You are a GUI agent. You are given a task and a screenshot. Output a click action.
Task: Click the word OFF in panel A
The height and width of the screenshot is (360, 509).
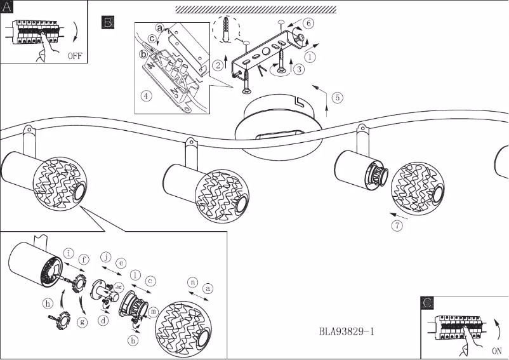pyautogui.click(x=74, y=56)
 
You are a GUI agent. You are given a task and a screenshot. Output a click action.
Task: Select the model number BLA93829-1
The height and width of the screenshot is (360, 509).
pyautogui.click(x=348, y=331)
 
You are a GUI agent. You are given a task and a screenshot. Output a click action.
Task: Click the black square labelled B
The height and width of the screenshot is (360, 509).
pyautogui.click(x=108, y=23)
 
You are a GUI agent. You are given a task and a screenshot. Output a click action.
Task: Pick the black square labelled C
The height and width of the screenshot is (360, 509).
pyautogui.click(x=428, y=303)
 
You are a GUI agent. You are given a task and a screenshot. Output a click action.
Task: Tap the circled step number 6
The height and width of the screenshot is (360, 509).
pyautogui.click(x=308, y=23)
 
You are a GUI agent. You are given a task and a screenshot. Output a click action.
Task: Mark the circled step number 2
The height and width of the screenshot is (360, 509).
pyautogui.click(x=218, y=64)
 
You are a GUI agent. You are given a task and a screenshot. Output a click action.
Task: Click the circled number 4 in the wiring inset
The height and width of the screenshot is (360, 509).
pyautogui.click(x=147, y=97)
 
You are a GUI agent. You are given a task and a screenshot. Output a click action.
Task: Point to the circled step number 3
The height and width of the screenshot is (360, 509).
pyautogui.click(x=298, y=70)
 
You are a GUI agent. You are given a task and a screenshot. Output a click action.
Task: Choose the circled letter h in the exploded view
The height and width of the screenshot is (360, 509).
pyautogui.click(x=48, y=303)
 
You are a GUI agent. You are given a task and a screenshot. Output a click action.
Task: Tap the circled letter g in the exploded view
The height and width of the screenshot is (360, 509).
pyautogui.click(x=82, y=322)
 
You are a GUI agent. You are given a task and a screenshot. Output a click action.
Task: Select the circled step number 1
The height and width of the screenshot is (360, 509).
pyautogui.click(x=310, y=55)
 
